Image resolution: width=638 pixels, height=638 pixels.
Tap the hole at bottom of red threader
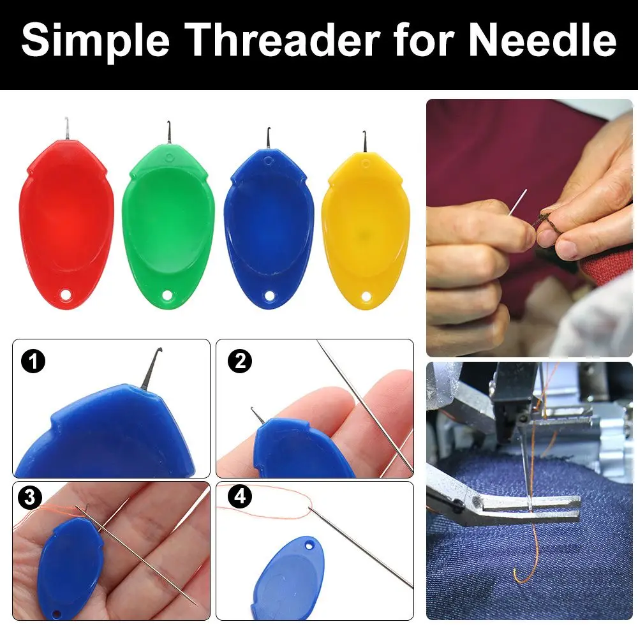point(66,295)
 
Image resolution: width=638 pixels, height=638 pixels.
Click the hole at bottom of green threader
point(169,295)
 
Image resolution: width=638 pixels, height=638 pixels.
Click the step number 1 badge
point(33,362)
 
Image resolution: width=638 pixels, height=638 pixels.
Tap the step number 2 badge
point(240,362)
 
